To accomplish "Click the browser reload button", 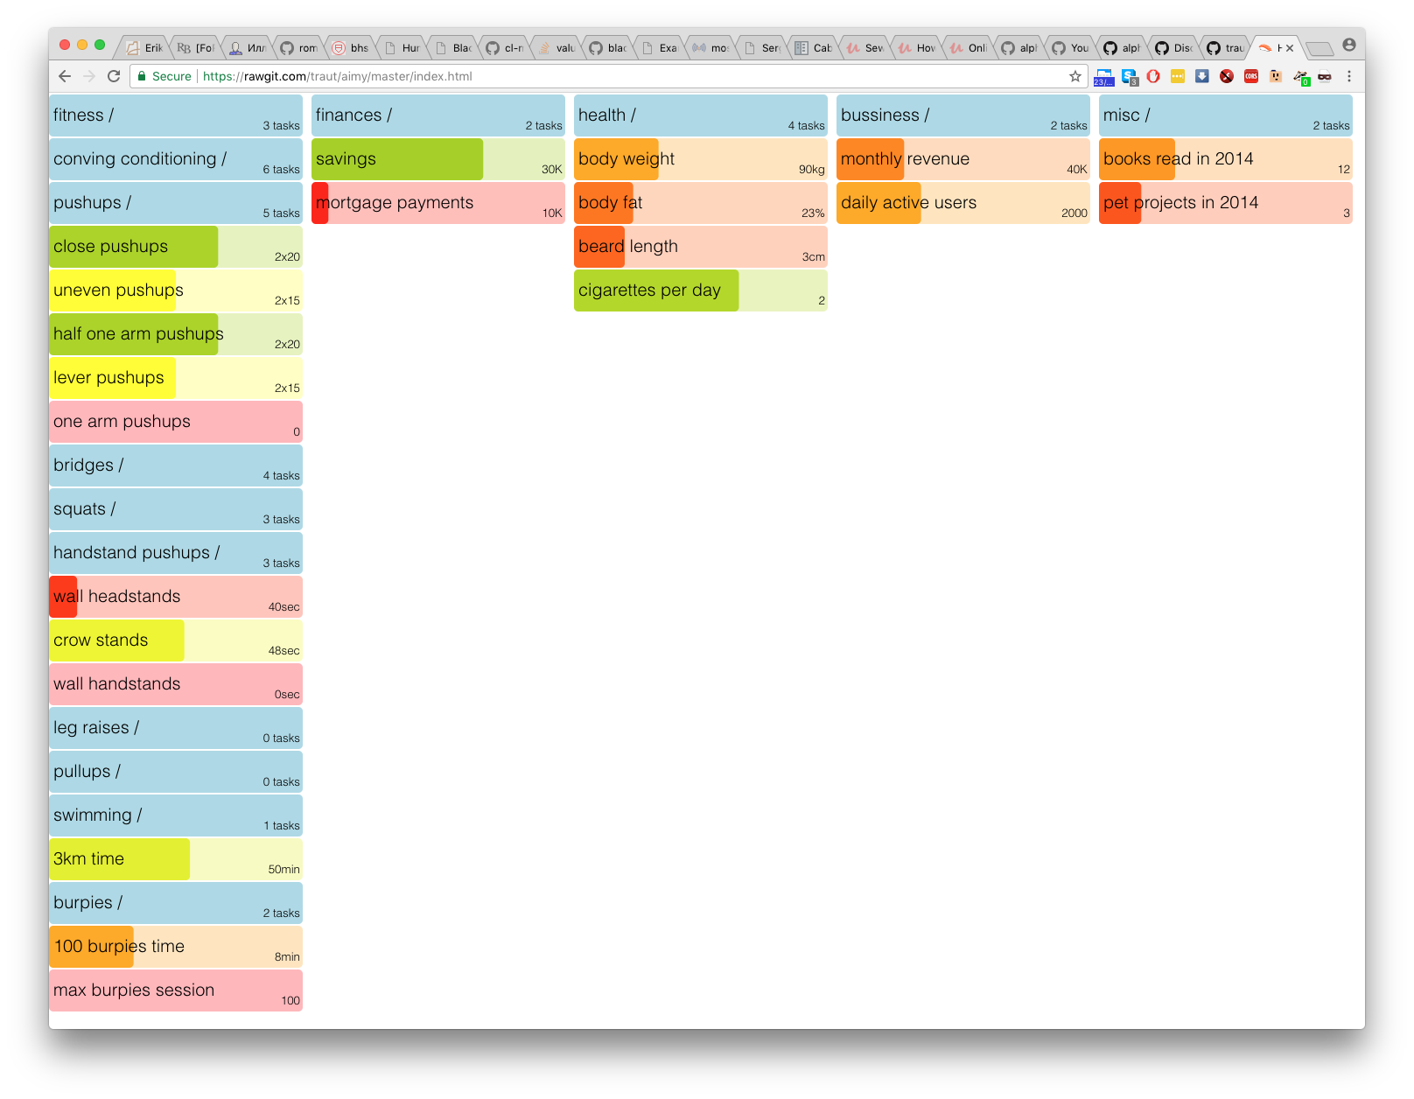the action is [x=114, y=76].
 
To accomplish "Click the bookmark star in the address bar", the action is [x=1075, y=76].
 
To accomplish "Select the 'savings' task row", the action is [x=437, y=159].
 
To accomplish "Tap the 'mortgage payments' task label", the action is [x=395, y=203].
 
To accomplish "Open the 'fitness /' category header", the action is [x=175, y=115].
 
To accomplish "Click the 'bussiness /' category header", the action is [x=962, y=115].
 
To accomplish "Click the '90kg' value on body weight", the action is [x=811, y=170].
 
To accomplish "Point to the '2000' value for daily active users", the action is [x=1074, y=213].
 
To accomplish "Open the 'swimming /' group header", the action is [x=175, y=815].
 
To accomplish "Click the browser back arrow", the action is [x=65, y=76].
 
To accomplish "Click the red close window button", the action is [x=65, y=45].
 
